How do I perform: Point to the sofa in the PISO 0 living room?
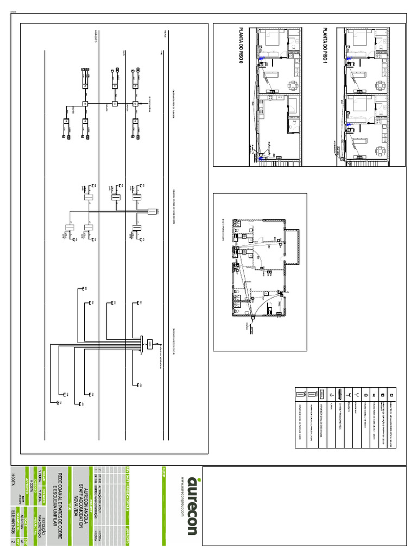click(x=272, y=73)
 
